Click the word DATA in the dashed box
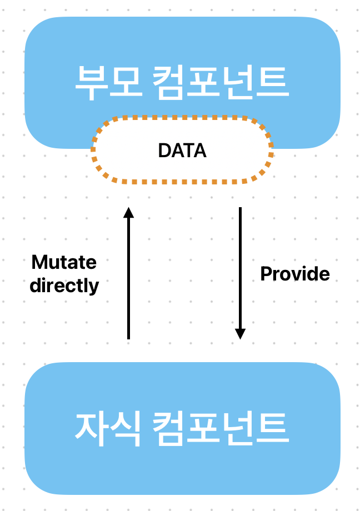tap(182, 151)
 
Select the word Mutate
tap(64, 262)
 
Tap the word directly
tap(64, 285)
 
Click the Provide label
tap(295, 273)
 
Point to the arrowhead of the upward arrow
tap(128, 213)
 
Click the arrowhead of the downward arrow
tap(240, 333)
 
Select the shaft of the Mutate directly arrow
tap(128, 278)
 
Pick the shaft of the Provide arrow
tap(240, 267)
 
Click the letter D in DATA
tap(164, 151)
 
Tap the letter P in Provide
tap(266, 273)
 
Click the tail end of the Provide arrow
tap(240, 209)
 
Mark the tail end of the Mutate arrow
tap(128, 337)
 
